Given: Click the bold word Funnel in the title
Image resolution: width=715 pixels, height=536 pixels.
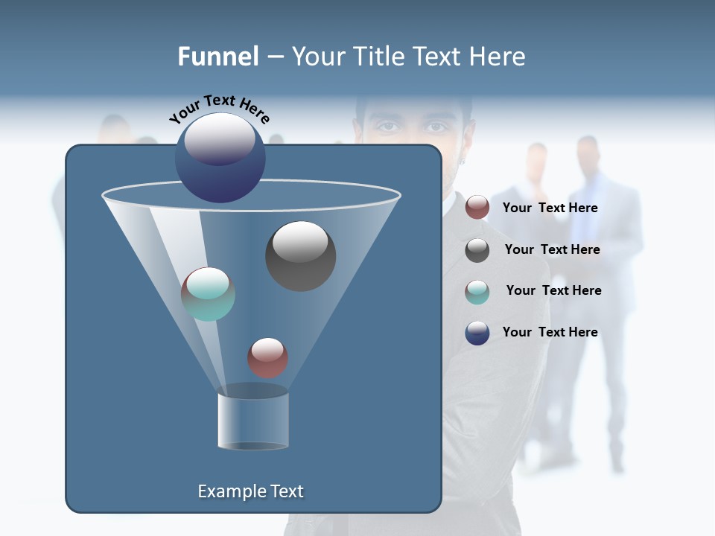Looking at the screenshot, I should point(218,57).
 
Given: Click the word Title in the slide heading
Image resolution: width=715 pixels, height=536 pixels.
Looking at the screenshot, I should point(379,57).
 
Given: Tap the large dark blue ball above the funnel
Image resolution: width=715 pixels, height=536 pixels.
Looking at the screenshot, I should point(220,158).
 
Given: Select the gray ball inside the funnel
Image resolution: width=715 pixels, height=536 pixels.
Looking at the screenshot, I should point(300,255).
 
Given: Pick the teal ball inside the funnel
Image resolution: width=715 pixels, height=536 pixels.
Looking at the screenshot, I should point(208,294).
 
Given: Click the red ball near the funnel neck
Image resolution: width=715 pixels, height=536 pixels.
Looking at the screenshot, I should point(267,357).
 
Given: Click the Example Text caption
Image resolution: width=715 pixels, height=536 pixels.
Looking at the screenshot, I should point(250,491).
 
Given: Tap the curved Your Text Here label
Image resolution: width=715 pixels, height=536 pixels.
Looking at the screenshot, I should point(219,109).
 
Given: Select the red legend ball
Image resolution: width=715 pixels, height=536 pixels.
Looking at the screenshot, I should point(477,208).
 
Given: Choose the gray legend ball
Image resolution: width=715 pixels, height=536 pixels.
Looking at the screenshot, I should point(477,250).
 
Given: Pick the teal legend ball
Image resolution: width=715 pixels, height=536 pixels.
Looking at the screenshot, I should point(477,292).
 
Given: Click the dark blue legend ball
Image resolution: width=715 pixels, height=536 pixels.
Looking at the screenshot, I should point(477,333).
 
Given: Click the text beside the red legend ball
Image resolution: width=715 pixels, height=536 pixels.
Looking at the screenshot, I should point(550,208).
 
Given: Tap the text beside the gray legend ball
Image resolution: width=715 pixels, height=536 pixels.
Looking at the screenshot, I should point(552,249).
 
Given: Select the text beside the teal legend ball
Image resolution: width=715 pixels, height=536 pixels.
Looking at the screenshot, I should point(553,290).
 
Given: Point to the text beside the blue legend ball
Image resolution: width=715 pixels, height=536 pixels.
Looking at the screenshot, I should point(550,332).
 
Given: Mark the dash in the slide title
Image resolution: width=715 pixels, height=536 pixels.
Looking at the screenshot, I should point(274,57).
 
